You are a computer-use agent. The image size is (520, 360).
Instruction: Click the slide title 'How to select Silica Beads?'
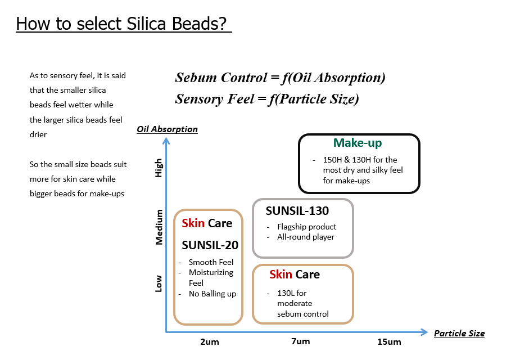(x=124, y=24)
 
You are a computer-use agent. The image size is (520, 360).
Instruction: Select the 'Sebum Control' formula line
(x=280, y=78)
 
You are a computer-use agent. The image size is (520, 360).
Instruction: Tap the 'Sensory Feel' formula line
(x=267, y=99)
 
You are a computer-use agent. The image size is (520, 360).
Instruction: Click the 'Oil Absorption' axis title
(x=167, y=129)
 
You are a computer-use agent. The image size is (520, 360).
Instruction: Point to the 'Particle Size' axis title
(x=459, y=333)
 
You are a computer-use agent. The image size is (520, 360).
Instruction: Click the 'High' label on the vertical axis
(x=159, y=168)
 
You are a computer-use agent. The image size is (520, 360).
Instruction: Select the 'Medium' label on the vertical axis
(x=159, y=227)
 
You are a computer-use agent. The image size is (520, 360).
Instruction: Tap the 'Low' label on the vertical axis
(x=159, y=283)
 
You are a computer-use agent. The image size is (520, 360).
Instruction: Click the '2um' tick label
(x=209, y=342)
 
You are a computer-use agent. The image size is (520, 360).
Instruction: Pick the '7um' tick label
(x=300, y=341)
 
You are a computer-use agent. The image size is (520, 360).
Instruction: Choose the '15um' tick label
(x=389, y=342)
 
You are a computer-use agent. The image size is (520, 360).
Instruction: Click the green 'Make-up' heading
(x=359, y=143)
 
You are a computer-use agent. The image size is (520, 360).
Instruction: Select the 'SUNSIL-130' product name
(x=297, y=211)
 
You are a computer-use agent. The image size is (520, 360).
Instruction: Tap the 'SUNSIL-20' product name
(x=210, y=245)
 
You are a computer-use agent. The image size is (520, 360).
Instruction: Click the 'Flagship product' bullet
(x=306, y=227)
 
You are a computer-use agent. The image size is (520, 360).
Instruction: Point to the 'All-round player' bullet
(x=305, y=237)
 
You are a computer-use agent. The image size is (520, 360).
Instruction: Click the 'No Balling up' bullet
(x=212, y=294)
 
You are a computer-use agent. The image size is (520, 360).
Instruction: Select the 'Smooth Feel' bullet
(x=211, y=262)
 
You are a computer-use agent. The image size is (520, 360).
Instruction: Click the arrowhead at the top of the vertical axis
(x=166, y=138)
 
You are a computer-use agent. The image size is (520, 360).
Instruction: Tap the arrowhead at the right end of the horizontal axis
(x=425, y=332)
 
